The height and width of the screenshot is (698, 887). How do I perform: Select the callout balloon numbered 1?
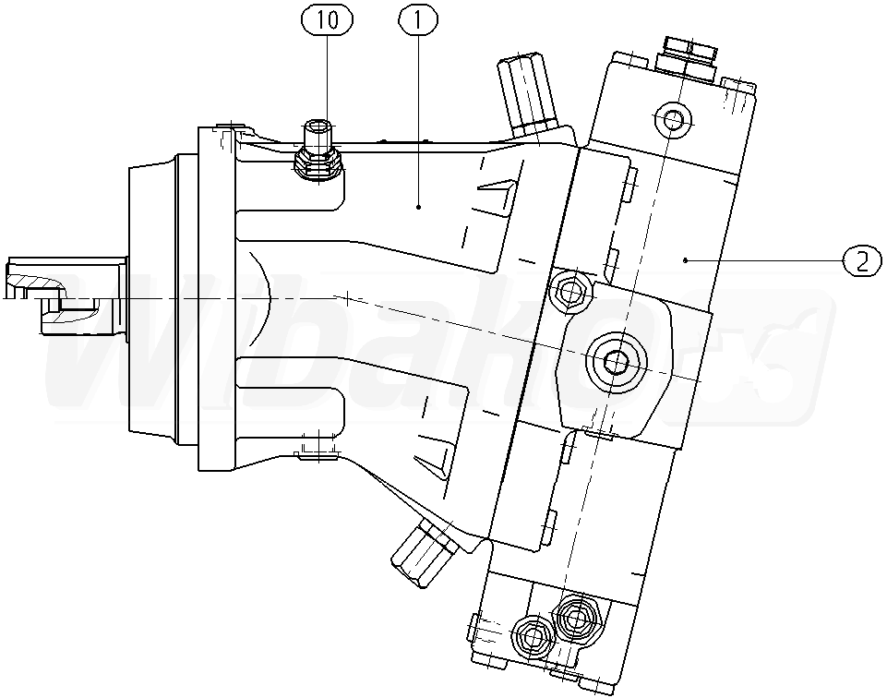(418, 20)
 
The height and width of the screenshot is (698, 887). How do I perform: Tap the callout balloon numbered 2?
(861, 261)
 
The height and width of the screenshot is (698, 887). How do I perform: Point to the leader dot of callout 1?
(418, 207)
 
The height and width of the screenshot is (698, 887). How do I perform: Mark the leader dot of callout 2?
(685, 261)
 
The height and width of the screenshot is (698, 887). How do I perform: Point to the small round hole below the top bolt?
(671, 117)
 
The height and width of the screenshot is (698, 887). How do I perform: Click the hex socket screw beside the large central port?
(569, 293)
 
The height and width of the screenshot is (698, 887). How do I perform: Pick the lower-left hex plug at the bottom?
(532, 636)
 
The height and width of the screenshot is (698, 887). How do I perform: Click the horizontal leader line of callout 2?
(766, 261)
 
